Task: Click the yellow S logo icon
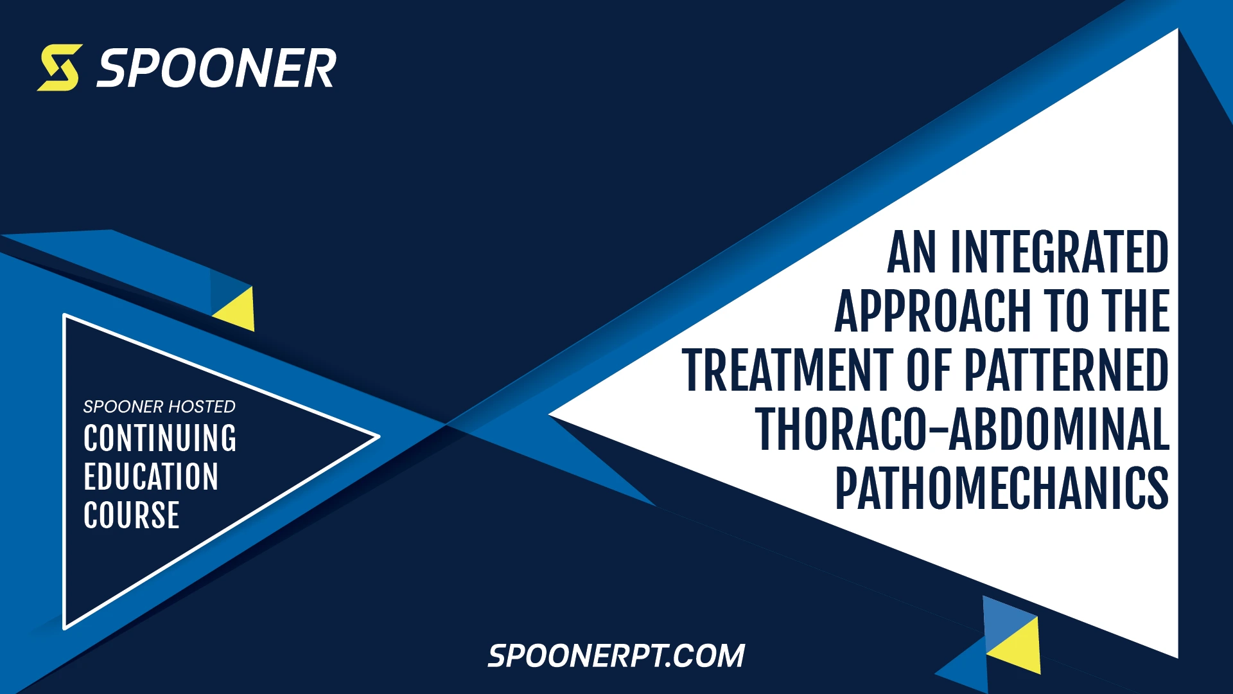(x=60, y=67)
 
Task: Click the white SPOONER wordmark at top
(x=216, y=68)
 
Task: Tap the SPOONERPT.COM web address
(x=616, y=656)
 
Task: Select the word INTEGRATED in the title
(x=1059, y=253)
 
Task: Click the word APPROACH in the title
(x=932, y=312)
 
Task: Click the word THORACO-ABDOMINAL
(x=962, y=430)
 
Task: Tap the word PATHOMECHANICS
(x=1001, y=489)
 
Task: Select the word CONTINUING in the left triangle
(x=160, y=438)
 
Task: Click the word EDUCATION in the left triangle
(x=151, y=477)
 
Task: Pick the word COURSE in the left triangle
(x=132, y=515)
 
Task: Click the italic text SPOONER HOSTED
(x=159, y=407)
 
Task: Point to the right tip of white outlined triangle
(x=378, y=437)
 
